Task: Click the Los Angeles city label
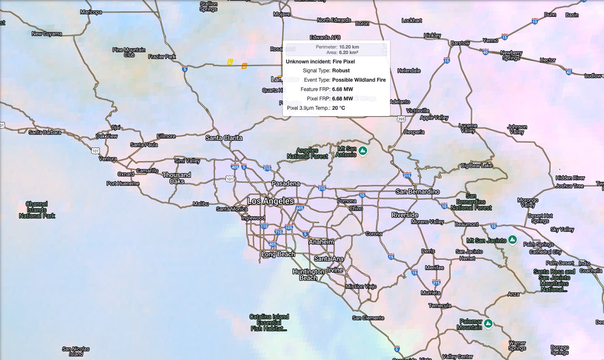pos(271,201)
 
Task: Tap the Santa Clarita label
pos(224,138)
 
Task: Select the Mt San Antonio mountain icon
pos(363,151)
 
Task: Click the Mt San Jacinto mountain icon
pos(513,240)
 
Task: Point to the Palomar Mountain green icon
pos(488,323)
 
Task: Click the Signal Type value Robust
pos(341,71)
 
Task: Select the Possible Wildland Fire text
pos(359,80)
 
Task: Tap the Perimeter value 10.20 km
pos(349,47)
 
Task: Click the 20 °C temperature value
pos(339,108)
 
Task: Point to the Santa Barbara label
pos(45,132)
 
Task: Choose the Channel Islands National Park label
pos(37,210)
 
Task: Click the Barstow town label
pos(460,43)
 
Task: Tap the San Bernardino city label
pos(417,191)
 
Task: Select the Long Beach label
pos(278,254)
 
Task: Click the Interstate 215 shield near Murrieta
pos(436,283)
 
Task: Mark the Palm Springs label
pos(538,244)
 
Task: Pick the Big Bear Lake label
pos(476,166)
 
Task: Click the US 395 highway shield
pos(401,119)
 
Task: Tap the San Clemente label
pos(368,318)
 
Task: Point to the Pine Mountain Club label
pos(129,52)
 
